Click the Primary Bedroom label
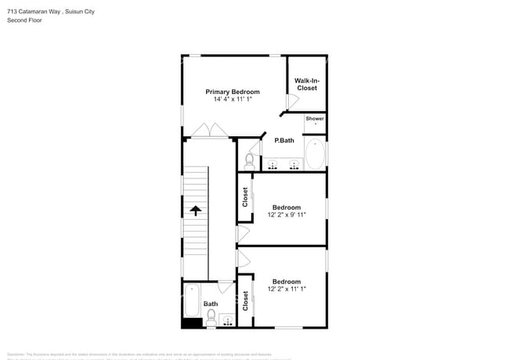pyautogui.click(x=233, y=92)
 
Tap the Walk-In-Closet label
pyautogui.click(x=306, y=85)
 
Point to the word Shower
pyautogui.click(x=315, y=119)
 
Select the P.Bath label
pyautogui.click(x=283, y=141)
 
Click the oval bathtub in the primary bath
pyautogui.click(x=315, y=154)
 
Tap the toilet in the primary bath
pyautogui.click(x=249, y=161)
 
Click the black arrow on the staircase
pyautogui.click(x=195, y=211)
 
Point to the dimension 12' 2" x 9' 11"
pyautogui.click(x=287, y=214)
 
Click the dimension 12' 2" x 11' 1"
pyautogui.click(x=287, y=289)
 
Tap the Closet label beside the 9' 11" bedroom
pyautogui.click(x=245, y=196)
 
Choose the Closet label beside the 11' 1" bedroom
pyautogui.click(x=245, y=301)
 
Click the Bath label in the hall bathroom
pyautogui.click(x=211, y=304)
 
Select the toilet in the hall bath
pyautogui.click(x=211, y=317)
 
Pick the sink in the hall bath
pyautogui.click(x=227, y=320)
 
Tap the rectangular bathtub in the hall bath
pyautogui.click(x=193, y=300)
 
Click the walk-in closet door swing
pyautogui.click(x=292, y=101)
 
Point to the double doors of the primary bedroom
pyautogui.click(x=208, y=131)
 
